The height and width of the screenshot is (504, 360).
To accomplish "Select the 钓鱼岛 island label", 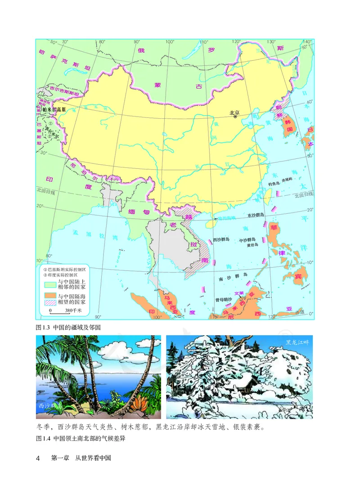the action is (x=274, y=184).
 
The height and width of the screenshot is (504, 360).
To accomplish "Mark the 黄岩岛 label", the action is (x=252, y=246).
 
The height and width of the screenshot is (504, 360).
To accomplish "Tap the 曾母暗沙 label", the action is (x=223, y=299).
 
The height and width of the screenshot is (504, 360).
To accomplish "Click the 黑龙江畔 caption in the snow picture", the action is (x=297, y=342).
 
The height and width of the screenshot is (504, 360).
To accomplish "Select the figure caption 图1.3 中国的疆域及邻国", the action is (x=67, y=327).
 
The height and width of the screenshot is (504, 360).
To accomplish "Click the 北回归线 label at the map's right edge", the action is (x=302, y=195).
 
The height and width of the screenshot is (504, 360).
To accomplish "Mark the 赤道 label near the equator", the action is (x=299, y=311).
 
